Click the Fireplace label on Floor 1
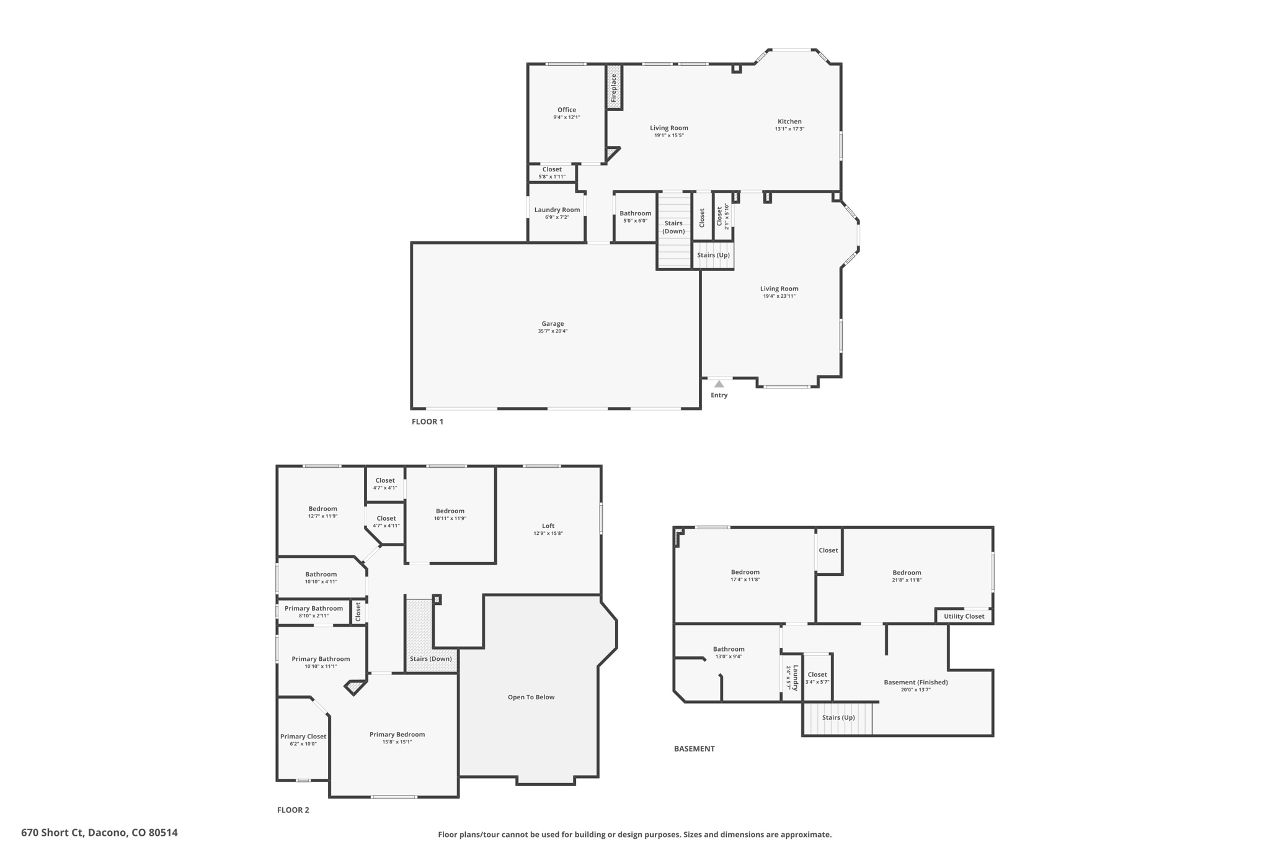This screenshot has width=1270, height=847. [x=614, y=88]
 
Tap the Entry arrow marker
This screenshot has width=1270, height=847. [x=719, y=384]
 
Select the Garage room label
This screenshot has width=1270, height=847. [x=553, y=323]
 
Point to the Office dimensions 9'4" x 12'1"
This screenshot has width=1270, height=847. [x=566, y=117]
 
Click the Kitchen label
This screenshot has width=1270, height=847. [x=789, y=122]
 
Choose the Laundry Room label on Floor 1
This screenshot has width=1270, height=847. [x=557, y=210]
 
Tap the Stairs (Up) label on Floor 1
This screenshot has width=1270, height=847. [x=713, y=255]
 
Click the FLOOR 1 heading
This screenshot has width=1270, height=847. [x=427, y=421]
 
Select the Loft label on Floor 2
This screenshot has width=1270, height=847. [x=548, y=526]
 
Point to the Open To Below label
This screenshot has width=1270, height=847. [x=531, y=697]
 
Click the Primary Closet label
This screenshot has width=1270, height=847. [x=303, y=737]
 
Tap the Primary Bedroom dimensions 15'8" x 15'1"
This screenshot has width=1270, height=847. [x=397, y=742]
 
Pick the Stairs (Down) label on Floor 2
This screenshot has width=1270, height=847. [x=430, y=658]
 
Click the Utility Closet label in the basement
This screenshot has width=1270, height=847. [x=964, y=616]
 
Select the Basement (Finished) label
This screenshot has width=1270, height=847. [x=915, y=682]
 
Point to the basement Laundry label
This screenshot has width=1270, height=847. [x=795, y=678]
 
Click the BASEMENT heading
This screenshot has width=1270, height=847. [x=694, y=748]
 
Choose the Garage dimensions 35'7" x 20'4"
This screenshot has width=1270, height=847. [x=553, y=331]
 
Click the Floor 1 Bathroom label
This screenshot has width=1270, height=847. [x=635, y=213]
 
